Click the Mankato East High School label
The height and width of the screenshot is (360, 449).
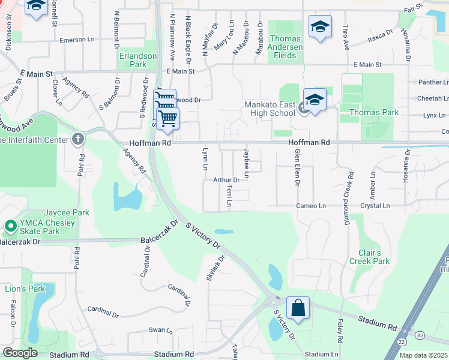(270, 109)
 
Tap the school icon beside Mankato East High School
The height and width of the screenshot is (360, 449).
(315, 99)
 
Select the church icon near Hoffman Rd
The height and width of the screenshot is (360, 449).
(78, 140)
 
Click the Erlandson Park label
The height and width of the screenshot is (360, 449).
(138, 60)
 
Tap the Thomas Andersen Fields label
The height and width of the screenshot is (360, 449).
(286, 47)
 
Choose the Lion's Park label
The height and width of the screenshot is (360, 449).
(25, 289)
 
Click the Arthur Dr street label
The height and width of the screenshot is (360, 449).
(226, 179)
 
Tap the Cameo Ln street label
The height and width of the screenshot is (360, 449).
(311, 206)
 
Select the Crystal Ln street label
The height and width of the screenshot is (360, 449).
(375, 206)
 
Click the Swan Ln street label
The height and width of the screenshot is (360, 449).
(160, 330)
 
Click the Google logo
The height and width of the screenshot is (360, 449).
(20, 353)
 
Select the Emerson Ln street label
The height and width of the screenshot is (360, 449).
(78, 40)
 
